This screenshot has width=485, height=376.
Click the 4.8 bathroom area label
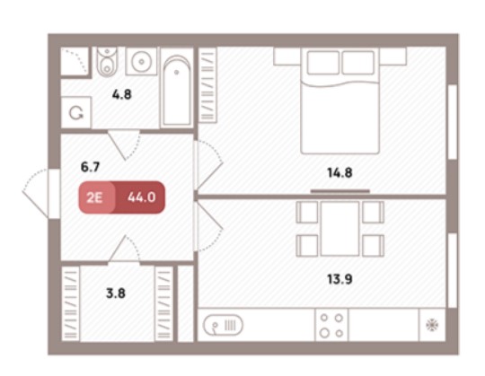tap(122, 94)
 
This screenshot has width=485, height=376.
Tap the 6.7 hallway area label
tap(90, 167)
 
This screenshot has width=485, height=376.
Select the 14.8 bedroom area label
tap(339, 172)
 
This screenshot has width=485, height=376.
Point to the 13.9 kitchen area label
tap(339, 279)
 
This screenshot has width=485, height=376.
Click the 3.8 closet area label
tap(116, 293)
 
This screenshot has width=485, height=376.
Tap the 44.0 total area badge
tap(141, 197)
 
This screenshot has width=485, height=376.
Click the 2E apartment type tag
tap(94, 197)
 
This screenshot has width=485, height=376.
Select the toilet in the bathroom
tap(107, 61)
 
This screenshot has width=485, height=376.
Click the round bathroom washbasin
tap(141, 61)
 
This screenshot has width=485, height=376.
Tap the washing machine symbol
tap(76, 113)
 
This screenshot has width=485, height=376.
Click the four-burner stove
tap(331, 326)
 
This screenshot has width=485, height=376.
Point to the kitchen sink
tap(223, 325)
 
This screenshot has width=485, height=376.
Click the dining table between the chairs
tap(339, 229)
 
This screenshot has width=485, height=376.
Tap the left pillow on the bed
tap(323, 63)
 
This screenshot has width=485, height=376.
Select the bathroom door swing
tap(124, 144)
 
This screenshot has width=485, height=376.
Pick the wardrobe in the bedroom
tap(207, 85)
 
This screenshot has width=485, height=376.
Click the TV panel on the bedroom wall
tap(339, 191)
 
